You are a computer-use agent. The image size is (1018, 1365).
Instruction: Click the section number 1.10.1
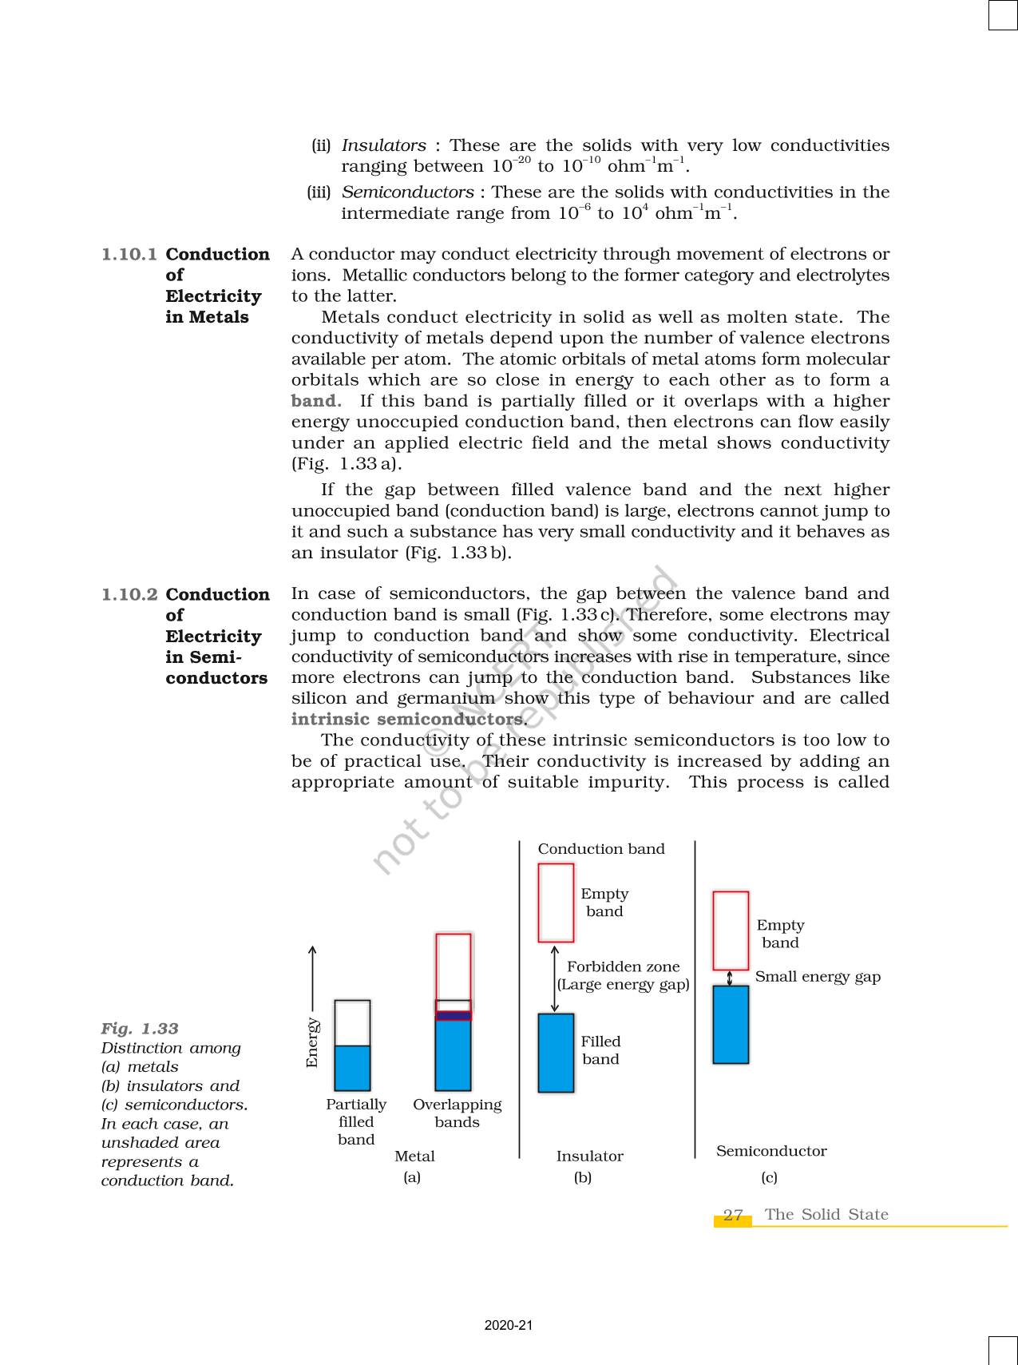click(x=129, y=255)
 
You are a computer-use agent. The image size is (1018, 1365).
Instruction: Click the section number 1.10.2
click(x=129, y=595)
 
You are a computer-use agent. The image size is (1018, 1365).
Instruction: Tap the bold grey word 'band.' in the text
click(x=316, y=401)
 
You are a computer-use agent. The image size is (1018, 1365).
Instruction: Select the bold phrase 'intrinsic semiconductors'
click(x=408, y=719)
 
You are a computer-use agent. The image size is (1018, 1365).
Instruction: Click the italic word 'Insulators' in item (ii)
click(x=384, y=145)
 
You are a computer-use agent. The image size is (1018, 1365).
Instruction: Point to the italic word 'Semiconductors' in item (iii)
click(x=408, y=192)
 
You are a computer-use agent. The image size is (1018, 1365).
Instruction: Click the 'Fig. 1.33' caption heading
click(x=140, y=1029)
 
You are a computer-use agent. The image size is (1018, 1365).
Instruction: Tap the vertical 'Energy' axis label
click(x=312, y=1042)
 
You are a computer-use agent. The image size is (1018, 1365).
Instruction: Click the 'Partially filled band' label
click(x=356, y=1121)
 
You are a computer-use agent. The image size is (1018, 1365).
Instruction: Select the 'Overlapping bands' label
click(x=458, y=1113)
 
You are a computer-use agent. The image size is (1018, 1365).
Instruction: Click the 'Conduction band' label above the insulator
click(x=601, y=849)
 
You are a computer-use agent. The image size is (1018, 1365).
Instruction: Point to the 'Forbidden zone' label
click(x=624, y=966)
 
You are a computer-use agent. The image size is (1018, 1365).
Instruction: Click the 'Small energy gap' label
click(x=818, y=977)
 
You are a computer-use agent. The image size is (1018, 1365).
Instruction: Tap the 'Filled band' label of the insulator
click(x=600, y=1050)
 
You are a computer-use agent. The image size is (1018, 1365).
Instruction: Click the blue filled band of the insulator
click(x=557, y=1053)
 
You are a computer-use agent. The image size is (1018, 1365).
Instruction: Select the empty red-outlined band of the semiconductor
click(x=731, y=931)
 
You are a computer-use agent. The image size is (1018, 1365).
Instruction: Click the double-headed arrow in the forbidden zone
click(x=555, y=978)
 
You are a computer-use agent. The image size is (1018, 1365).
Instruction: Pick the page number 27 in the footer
click(x=733, y=1215)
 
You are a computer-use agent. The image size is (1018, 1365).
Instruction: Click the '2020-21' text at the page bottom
click(x=509, y=1325)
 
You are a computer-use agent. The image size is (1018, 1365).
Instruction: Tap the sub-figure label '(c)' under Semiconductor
click(x=769, y=1177)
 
